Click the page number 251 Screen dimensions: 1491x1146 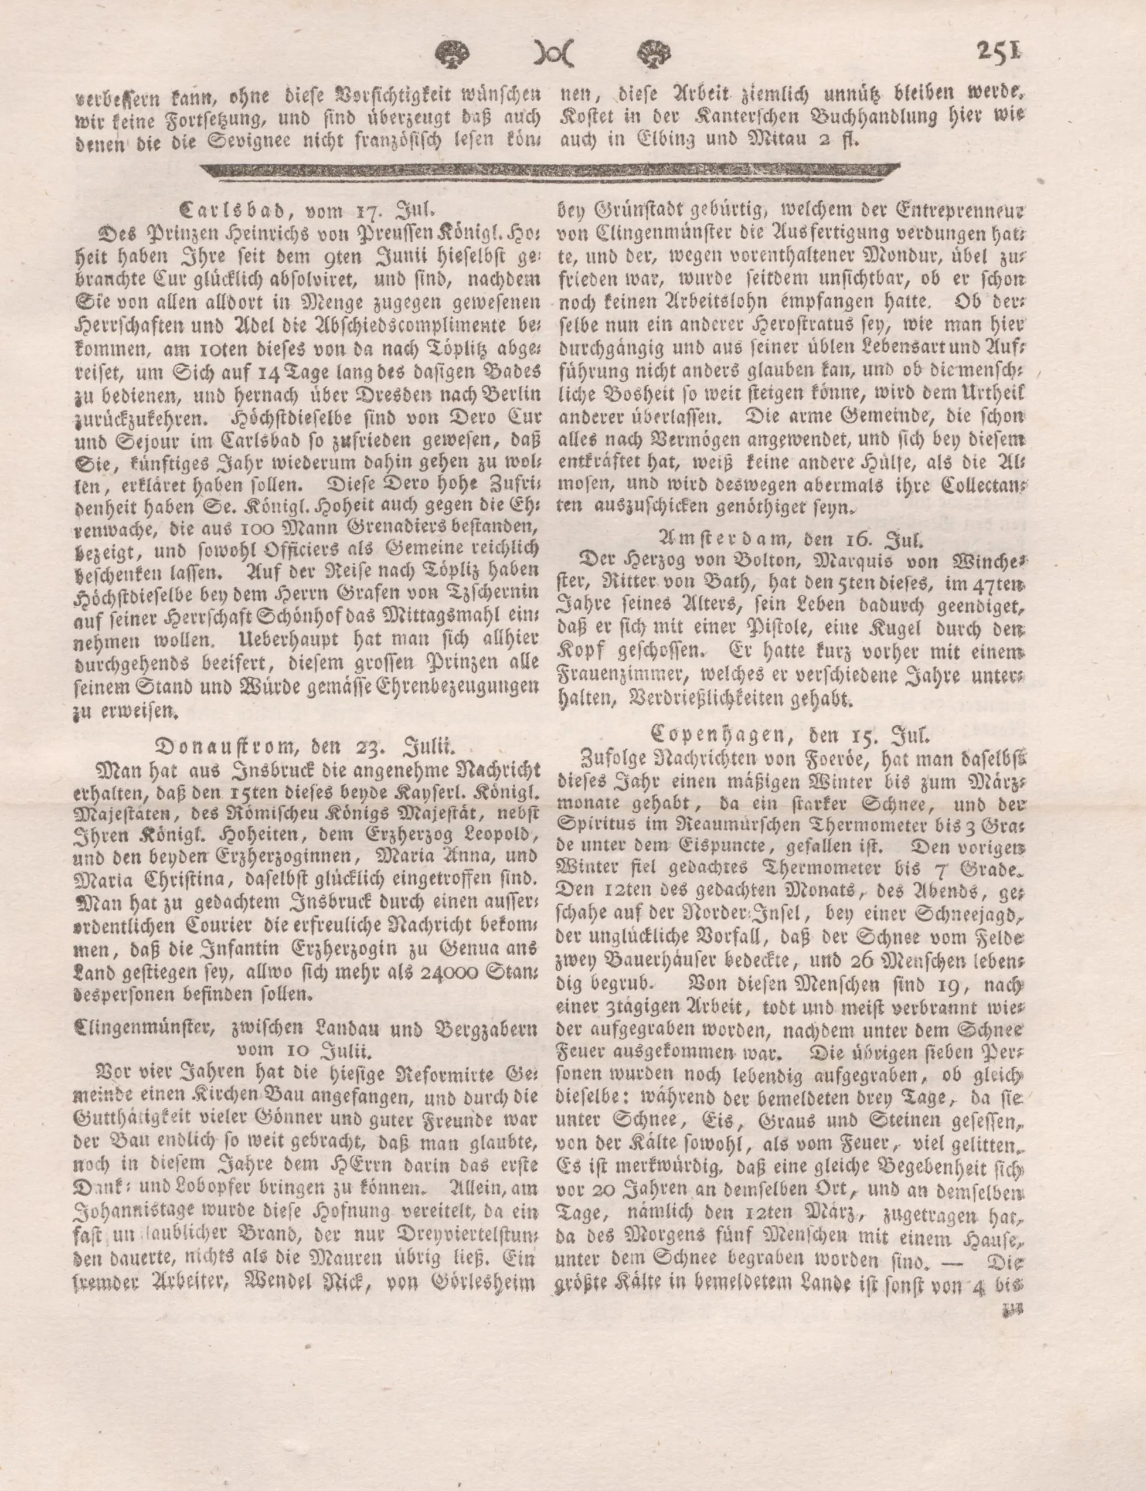(x=999, y=51)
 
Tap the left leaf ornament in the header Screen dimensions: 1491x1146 (x=451, y=53)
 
